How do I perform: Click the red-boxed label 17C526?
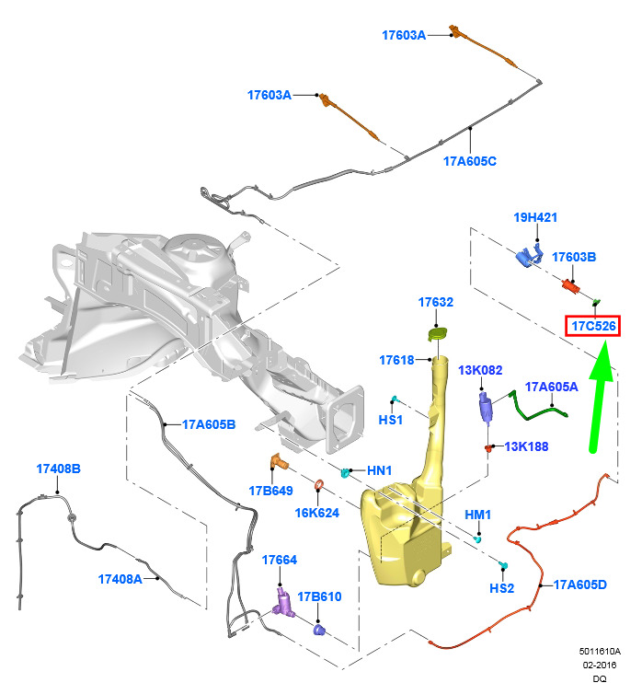[x=593, y=326]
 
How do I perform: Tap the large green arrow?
[x=600, y=398]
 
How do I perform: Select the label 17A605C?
[x=470, y=161]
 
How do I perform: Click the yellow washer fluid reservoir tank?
[x=409, y=514]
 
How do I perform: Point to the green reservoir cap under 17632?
[x=438, y=334]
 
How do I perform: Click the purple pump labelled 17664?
[x=284, y=603]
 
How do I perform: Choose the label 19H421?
[x=535, y=217]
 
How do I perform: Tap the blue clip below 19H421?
[x=529, y=255]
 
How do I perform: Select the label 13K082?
[x=480, y=370]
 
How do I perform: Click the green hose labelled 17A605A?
[x=536, y=407]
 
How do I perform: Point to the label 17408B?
[x=58, y=469]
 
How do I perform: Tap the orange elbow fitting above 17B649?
[x=279, y=463]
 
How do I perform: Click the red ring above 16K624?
[x=319, y=484]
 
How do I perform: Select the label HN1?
[x=380, y=470]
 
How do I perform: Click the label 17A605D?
[x=579, y=585]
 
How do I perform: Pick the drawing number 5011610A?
[x=600, y=651]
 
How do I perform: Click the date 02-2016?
[x=600, y=665]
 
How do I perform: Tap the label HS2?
[x=502, y=588]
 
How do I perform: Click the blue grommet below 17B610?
[x=319, y=630]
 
